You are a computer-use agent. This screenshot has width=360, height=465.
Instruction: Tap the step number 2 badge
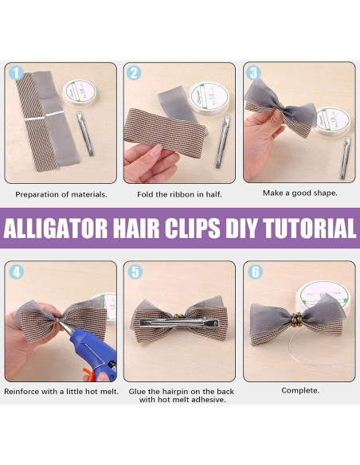135,73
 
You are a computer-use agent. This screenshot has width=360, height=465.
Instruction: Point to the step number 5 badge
135,272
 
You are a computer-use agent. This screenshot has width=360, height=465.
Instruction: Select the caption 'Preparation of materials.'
61,193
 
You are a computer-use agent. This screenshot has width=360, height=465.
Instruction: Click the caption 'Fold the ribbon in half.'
180,193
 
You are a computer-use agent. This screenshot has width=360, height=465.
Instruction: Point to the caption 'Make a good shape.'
299,192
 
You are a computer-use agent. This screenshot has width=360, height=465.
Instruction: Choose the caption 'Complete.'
299,391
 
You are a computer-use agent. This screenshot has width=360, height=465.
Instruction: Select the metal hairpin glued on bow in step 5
180,325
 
